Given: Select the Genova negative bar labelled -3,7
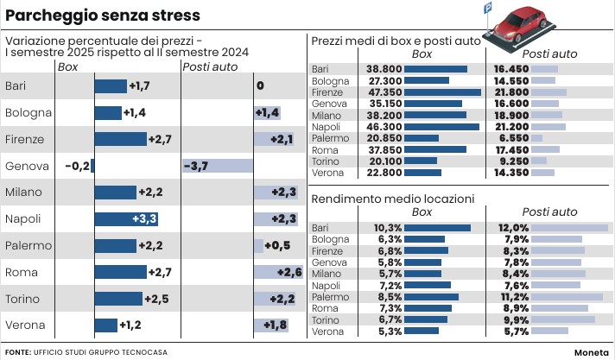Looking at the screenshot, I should tap(218, 165).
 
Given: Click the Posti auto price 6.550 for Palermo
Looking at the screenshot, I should tap(510, 137).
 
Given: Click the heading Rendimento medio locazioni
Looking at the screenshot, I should tap(392, 199).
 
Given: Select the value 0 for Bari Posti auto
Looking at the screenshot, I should tap(260, 85).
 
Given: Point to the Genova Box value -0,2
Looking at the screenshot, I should tap(77, 165).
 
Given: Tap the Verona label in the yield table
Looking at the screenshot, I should tap(327, 331).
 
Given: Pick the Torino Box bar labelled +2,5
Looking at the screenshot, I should tap(117, 299).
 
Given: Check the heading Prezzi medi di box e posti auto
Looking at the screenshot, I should tap(395, 41).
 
